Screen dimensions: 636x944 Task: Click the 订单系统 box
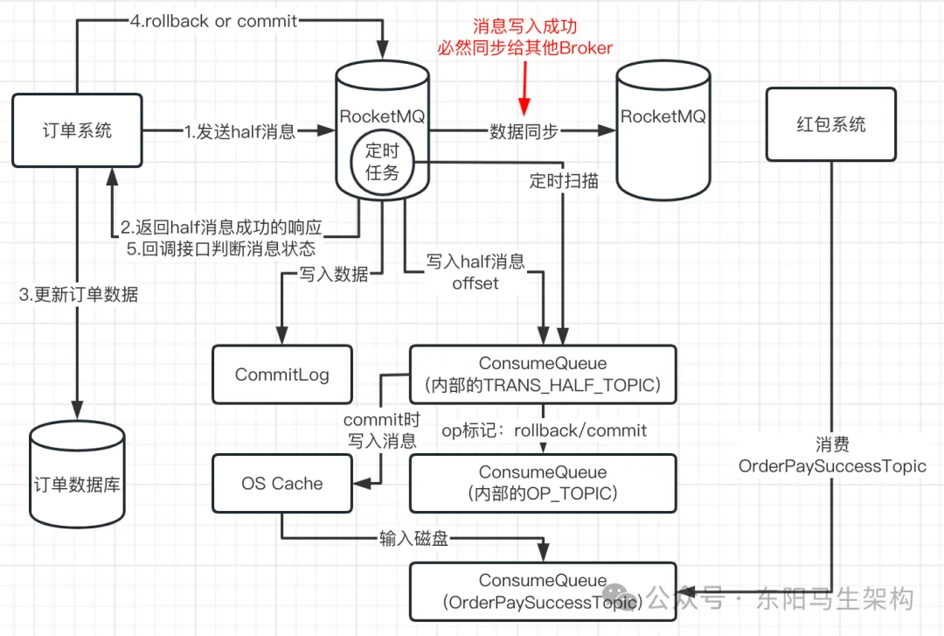point(77,131)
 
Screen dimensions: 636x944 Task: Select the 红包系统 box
point(830,124)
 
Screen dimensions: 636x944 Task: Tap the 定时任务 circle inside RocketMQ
point(383,162)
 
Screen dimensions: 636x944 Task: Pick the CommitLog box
point(281,375)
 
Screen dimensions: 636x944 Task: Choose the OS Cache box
point(281,484)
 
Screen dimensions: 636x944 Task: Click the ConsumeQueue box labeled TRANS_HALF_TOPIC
point(543,374)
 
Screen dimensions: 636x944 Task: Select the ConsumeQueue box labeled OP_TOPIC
point(543,483)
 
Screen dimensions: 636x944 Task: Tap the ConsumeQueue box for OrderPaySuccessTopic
point(543,591)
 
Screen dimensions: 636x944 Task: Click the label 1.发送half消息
point(239,132)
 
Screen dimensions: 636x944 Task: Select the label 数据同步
point(524,131)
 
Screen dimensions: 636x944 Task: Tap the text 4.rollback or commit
point(215,20)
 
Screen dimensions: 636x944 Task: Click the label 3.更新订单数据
point(79,294)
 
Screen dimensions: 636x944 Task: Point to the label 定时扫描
point(564,181)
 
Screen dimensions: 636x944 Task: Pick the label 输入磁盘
point(413,538)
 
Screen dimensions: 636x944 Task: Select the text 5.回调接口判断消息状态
point(221,248)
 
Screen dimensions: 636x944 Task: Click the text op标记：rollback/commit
point(544,430)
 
